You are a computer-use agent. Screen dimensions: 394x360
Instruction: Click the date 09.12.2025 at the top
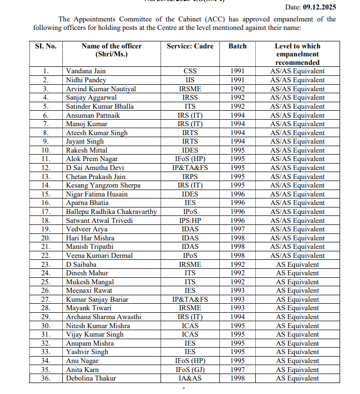coord(320,7)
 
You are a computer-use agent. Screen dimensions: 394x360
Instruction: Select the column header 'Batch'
coord(237,46)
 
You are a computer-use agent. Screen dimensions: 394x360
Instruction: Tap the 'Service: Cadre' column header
coord(190,46)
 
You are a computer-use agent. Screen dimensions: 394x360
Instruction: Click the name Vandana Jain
coord(86,71)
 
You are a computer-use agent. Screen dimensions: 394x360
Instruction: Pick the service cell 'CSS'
coord(190,71)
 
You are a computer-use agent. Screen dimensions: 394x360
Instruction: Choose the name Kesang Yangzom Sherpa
coord(103,186)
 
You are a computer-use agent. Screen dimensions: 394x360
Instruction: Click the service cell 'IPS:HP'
coord(190,220)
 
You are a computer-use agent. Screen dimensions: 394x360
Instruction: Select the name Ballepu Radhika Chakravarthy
coord(111,211)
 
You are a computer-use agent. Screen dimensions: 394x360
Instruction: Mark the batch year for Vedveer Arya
coord(237,229)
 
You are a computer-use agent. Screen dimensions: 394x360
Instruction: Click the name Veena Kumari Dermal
coord(99,255)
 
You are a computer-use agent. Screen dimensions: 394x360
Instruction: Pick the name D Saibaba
coord(81,264)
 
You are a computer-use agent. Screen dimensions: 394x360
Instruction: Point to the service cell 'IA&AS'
coord(190,379)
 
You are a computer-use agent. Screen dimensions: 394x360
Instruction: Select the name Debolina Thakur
coord(91,379)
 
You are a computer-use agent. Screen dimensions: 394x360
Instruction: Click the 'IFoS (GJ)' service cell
coord(190,370)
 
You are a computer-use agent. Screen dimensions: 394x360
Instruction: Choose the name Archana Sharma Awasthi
coord(103,317)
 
